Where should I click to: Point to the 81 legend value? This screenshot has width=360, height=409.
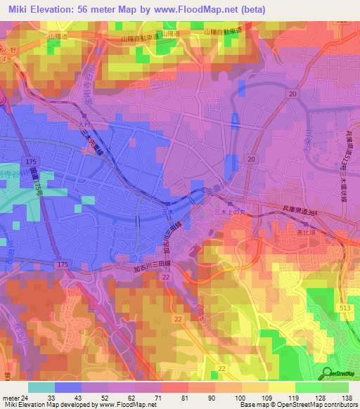coord(184,397)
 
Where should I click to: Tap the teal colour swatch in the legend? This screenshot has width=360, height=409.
coord(41,387)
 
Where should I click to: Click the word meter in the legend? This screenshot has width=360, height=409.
coord(11,397)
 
